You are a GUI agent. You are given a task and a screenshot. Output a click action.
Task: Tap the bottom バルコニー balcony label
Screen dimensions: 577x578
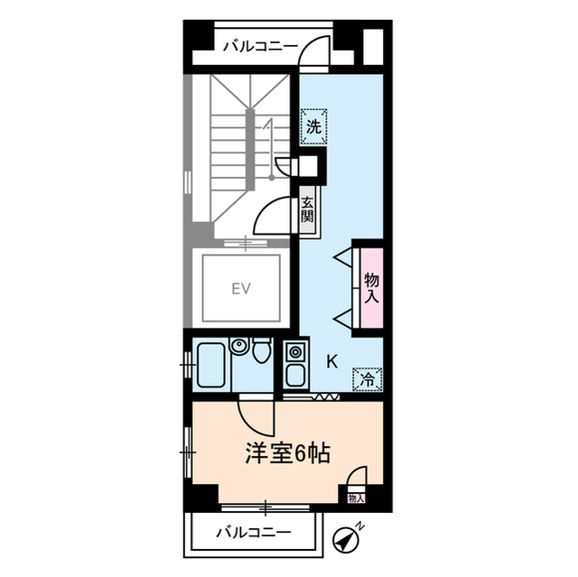pyautogui.click(x=253, y=532)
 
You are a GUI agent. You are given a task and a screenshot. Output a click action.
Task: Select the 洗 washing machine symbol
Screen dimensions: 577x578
pyautogui.click(x=312, y=126)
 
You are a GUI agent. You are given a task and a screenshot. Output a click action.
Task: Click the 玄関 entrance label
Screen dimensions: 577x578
pyautogui.click(x=308, y=210)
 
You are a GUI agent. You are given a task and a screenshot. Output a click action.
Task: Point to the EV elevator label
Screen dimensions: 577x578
pyautogui.click(x=239, y=289)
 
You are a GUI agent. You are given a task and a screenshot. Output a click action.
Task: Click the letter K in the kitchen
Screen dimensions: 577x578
pyautogui.click(x=331, y=362)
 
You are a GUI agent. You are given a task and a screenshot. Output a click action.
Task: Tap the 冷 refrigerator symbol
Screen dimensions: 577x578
pyautogui.click(x=367, y=380)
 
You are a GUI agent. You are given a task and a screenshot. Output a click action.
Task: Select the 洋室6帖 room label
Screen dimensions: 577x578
pyautogui.click(x=286, y=452)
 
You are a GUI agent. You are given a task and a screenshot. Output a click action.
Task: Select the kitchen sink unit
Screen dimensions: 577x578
pyautogui.click(x=295, y=366)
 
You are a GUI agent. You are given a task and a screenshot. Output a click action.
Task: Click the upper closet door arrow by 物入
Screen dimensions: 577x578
pyautogui.click(x=344, y=260)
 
